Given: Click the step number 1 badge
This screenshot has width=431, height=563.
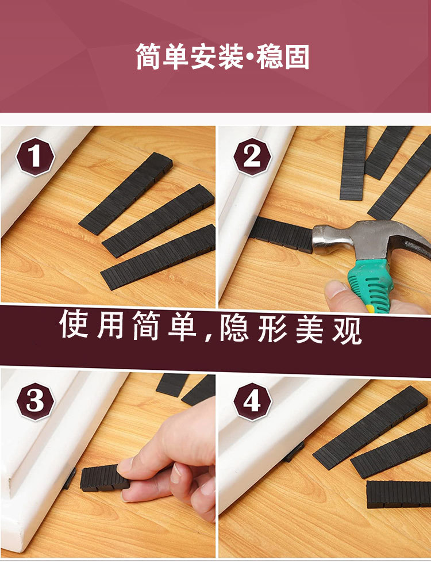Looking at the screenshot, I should [x=35, y=157].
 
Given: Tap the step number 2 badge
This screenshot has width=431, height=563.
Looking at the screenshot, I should [x=252, y=157].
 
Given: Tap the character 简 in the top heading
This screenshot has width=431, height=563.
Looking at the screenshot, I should [x=149, y=58].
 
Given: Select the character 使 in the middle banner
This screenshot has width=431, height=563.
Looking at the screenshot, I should [x=75, y=325].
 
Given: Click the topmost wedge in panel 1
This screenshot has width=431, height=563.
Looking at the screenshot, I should [x=126, y=193].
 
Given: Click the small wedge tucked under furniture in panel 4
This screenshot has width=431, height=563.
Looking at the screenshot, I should [x=294, y=451].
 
